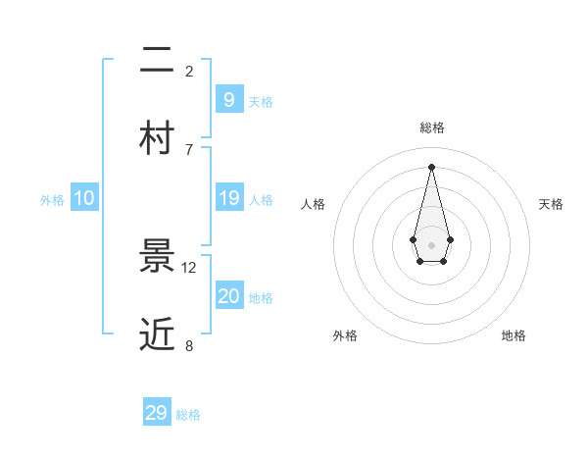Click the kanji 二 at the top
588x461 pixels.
pos(157,62)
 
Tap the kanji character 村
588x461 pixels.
pos(157,139)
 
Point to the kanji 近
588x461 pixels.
pos(157,334)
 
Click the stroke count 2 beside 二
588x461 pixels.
pos(189,71)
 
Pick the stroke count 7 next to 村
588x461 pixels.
pos(189,149)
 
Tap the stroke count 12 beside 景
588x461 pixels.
pos(189,267)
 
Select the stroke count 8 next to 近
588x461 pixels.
pos(189,345)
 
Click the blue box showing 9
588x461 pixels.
pos(228,99)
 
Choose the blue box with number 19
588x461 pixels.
pos(228,198)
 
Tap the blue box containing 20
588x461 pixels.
pos(228,296)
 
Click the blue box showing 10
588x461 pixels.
pos(83,198)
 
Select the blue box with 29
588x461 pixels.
pos(156,413)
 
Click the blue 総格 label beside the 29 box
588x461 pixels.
pos(188,415)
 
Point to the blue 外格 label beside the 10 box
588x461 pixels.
pos(52,200)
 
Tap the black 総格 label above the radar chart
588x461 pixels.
pos(431,128)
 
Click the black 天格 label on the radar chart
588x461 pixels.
pos(551,204)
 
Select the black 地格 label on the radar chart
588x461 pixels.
pos(514,335)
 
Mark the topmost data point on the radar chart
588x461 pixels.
pos(431,166)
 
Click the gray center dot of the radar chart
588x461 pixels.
pos(431,244)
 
